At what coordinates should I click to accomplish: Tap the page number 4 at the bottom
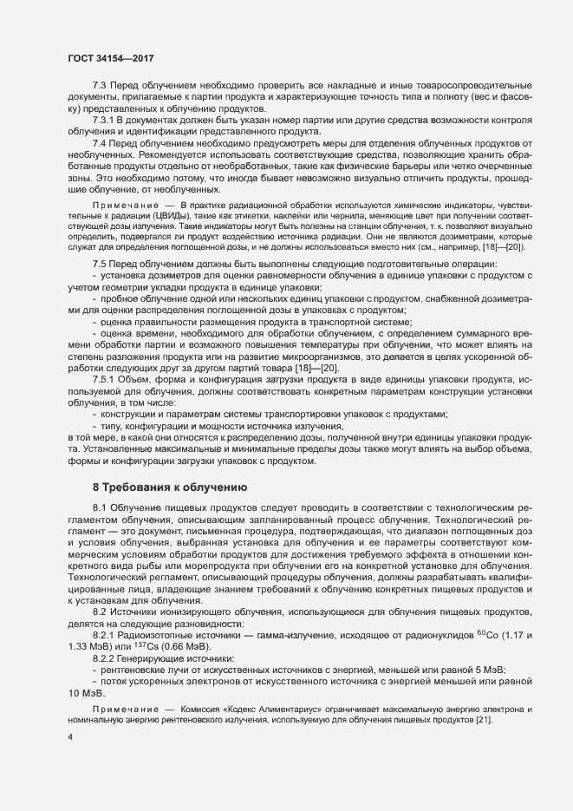[x=70, y=737]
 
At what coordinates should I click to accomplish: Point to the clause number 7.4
[x=100, y=141]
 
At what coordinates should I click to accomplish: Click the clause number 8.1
[x=100, y=506]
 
